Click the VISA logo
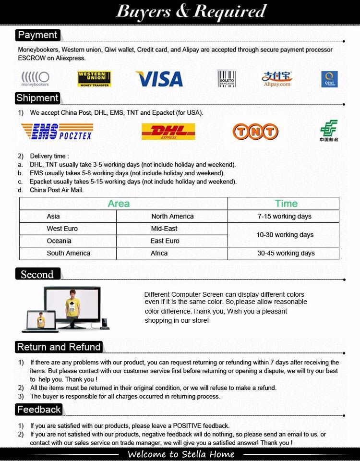159,79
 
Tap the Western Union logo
94,79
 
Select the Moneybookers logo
35,79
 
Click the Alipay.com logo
277,79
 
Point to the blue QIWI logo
329,79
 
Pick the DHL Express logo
168,132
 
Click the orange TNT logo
255,132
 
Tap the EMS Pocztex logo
57,132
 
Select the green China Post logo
329,131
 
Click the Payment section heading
37,35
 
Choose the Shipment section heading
37,98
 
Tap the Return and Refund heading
59,347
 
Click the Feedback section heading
39,410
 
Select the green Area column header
119,204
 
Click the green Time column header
286,204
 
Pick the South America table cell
68,253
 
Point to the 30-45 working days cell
286,253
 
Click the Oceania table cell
59,241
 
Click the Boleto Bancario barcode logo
226,78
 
